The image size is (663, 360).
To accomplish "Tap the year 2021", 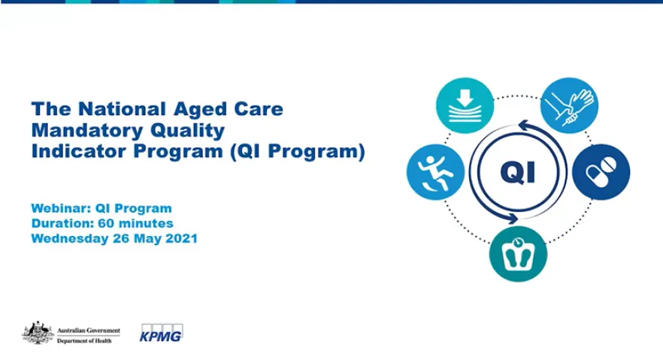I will [x=180, y=239].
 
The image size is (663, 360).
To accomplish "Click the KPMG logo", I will [x=162, y=332].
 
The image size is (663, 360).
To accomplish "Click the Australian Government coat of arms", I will [x=37, y=332].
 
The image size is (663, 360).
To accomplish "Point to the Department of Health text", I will [x=88, y=340].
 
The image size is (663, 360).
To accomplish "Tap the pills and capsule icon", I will [x=601, y=171].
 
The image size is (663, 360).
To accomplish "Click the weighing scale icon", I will [x=518, y=254].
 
